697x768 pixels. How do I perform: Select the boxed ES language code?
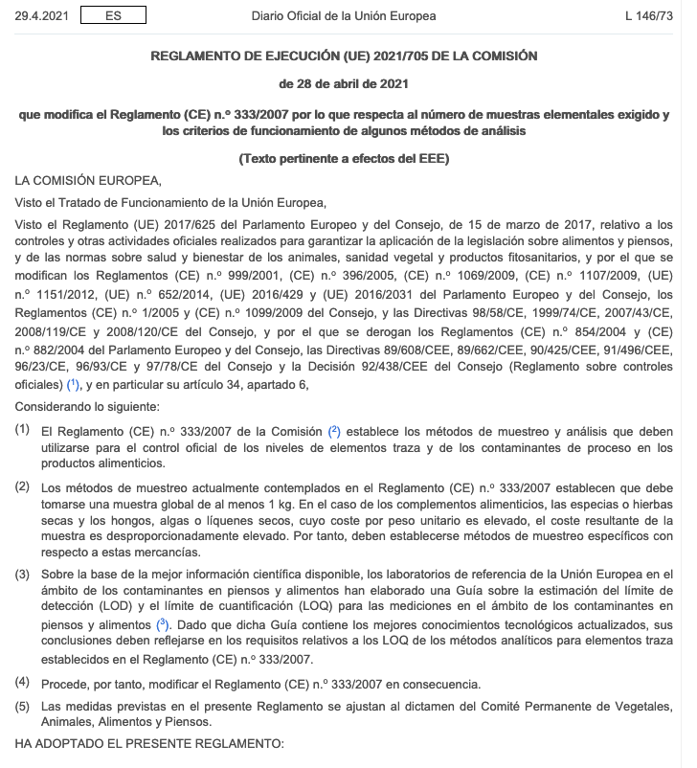[x=113, y=16]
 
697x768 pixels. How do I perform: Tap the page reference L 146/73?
[x=648, y=16]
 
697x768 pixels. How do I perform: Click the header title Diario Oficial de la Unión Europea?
[x=343, y=16]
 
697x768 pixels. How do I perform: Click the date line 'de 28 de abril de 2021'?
[x=344, y=83]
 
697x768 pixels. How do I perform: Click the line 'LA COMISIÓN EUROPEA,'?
[x=88, y=179]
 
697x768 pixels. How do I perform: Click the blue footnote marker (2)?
[x=334, y=430]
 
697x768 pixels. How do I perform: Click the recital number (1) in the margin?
[x=22, y=431]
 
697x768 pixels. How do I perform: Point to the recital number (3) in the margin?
[x=22, y=574]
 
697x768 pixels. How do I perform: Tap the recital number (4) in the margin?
[x=22, y=683]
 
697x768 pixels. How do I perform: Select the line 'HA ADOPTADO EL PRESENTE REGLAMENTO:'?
[x=149, y=744]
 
